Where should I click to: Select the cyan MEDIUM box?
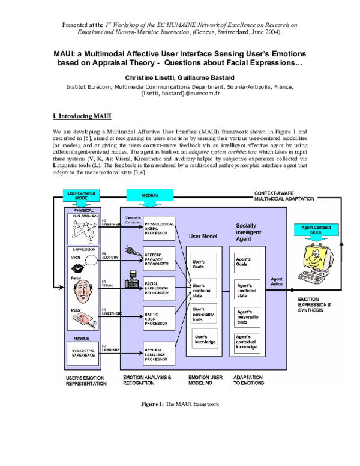(150, 195)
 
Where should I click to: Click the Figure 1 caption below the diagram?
(180, 404)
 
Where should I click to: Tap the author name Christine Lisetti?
(151, 78)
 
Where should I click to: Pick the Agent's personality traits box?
(251, 317)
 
